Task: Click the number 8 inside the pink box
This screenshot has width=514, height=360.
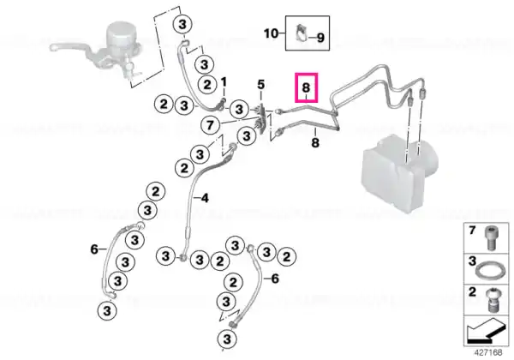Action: pyautogui.click(x=306, y=87)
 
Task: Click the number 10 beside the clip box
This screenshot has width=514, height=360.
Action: pyautogui.click(x=271, y=33)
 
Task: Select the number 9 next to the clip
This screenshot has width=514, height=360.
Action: pyautogui.click(x=320, y=38)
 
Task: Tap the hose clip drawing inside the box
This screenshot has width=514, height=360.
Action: pyautogui.click(x=301, y=33)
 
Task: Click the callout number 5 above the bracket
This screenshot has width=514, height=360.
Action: pyautogui.click(x=260, y=85)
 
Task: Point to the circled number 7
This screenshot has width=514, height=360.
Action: pyautogui.click(x=210, y=125)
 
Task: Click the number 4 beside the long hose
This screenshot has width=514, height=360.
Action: pyautogui.click(x=205, y=198)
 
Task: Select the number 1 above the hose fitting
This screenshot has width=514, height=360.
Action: pyautogui.click(x=224, y=81)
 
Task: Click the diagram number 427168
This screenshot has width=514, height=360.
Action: pyautogui.click(x=488, y=352)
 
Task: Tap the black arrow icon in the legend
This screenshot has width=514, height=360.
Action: pyautogui.click(x=486, y=331)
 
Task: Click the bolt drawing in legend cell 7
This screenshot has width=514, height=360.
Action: pyautogui.click(x=490, y=237)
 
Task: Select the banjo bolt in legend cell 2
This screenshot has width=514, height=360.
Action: pyautogui.click(x=491, y=300)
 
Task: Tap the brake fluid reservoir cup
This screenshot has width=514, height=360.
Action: pyautogui.click(x=120, y=36)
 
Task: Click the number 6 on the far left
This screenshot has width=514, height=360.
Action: pyautogui.click(x=94, y=249)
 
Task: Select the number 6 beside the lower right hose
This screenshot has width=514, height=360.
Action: pyautogui.click(x=275, y=279)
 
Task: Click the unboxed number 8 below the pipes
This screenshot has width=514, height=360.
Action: pyautogui.click(x=315, y=142)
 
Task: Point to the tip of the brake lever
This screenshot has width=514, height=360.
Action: pyautogui.click(x=52, y=48)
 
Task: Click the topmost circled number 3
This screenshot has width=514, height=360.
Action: pyautogui.click(x=182, y=25)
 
